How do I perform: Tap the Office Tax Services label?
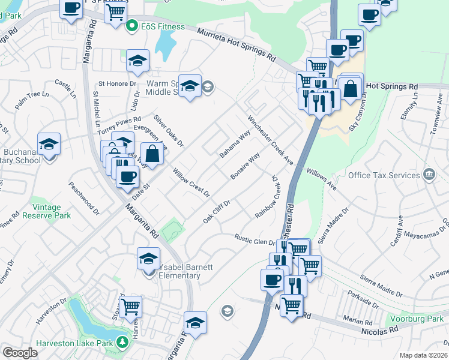click(x=384, y=175)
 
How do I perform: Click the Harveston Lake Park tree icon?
click(x=122, y=341)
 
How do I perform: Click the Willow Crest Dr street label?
click(x=191, y=183)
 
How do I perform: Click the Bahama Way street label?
click(x=235, y=143)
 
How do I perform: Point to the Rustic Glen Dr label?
click(x=254, y=240)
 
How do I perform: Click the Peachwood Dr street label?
click(x=84, y=198)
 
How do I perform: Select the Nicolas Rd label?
click(x=381, y=329)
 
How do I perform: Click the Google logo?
click(x=20, y=352)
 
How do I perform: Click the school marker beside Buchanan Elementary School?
click(x=49, y=144)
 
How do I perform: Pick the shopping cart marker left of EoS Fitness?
click(x=115, y=12)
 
